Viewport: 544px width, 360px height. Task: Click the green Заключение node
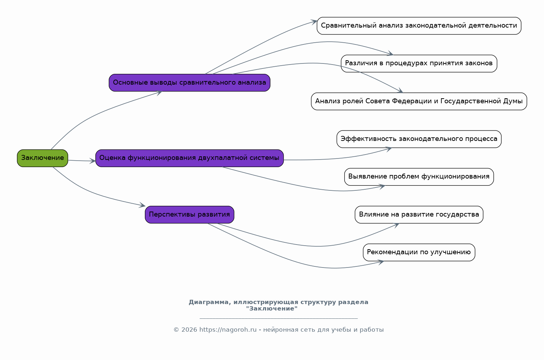tap(43, 158)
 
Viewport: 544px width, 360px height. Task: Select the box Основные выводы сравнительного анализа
tap(189, 83)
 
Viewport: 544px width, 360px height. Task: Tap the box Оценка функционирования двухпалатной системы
tap(189, 158)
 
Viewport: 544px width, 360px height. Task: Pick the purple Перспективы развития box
tap(189, 214)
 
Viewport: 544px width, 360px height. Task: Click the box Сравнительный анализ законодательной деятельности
tap(419, 26)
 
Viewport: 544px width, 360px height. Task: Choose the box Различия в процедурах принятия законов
tap(419, 63)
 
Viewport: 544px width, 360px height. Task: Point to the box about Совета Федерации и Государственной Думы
tap(419, 101)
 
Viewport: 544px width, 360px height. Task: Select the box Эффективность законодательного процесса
tap(419, 139)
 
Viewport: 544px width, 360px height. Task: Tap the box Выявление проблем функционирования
tap(419, 177)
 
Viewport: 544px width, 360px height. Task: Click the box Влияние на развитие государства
tap(419, 214)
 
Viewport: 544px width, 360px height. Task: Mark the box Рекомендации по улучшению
tap(419, 252)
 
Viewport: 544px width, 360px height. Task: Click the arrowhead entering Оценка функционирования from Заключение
tap(93, 161)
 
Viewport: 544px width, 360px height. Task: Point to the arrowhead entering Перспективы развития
tap(142, 205)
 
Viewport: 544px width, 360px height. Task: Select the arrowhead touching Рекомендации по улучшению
tap(380, 262)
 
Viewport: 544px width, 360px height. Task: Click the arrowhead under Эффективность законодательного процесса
tap(388, 149)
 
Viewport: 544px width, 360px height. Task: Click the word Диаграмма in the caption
tap(210, 302)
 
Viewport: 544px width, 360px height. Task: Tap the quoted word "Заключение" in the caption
tap(272, 308)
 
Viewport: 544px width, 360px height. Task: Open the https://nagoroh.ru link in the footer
tap(228, 330)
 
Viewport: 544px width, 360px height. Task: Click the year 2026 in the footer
tap(189, 330)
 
